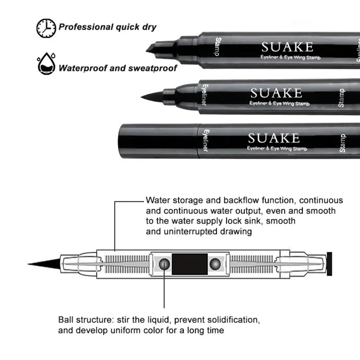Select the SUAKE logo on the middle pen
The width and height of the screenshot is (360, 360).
coord(275,93)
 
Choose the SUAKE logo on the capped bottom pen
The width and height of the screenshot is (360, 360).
coord(273,138)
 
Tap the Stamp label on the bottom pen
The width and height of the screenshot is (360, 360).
coord(342,143)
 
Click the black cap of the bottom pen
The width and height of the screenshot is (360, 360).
coord(157,140)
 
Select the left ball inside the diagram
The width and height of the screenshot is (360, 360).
coord(165,263)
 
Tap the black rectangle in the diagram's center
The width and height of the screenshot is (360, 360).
coord(190,264)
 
